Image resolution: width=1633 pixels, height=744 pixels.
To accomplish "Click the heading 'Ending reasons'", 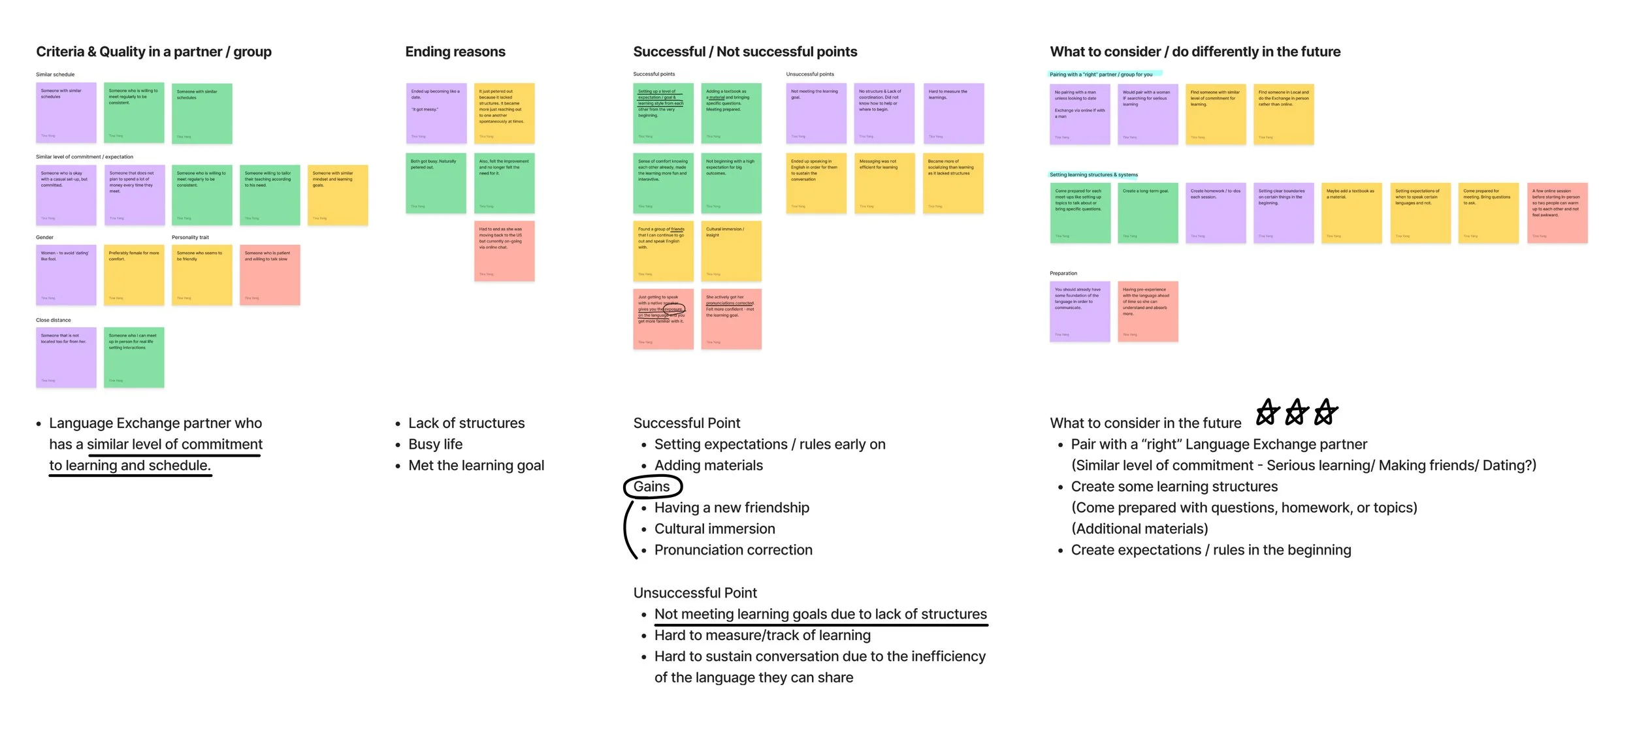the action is coord(455,52).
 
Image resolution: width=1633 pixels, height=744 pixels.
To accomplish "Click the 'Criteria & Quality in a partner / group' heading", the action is coord(154,52).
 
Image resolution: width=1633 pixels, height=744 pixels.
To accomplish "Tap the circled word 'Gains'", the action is coord(652,487).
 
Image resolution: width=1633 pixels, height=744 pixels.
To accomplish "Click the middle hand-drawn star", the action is coord(1296,413).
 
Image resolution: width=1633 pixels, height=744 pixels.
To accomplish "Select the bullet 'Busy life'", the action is coord(435,444).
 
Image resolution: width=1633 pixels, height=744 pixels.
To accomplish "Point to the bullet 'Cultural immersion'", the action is coord(715,529).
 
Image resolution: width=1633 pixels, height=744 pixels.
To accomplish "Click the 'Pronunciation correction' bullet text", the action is coord(733,550).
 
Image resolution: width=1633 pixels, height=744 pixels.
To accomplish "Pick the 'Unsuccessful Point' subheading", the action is coord(695,593).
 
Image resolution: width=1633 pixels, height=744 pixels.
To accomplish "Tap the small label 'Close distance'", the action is coord(54,320).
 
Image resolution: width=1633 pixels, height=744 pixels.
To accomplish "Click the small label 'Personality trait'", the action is coord(190,238).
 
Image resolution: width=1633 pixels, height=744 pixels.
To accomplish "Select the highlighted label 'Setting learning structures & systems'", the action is coord(1093,175).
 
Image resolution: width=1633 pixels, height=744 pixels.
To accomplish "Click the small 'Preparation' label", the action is coord(1063,274).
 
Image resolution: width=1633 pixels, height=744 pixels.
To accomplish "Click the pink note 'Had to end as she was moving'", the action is coord(504,251).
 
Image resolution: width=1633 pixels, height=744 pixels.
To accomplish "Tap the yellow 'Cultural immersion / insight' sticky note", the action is coord(731,251).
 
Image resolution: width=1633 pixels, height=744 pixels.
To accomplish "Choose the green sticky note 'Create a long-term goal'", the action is coord(1148,213).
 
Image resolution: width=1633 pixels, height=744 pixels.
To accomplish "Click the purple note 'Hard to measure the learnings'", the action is coord(954,113).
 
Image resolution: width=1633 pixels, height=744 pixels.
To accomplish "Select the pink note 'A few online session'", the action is coord(1557,213).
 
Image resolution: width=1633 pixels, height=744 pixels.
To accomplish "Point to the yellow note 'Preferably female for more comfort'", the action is coord(134,275).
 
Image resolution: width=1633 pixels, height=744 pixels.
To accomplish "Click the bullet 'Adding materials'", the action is coord(709,466).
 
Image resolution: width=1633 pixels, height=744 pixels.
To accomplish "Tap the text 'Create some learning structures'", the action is coord(1174,487).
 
